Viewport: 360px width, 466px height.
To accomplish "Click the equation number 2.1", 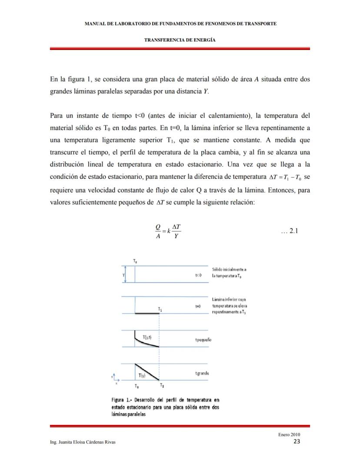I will coord(289,231).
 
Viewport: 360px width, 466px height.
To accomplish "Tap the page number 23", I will coord(297,442).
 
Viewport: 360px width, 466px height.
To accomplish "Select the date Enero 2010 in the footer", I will coord(289,435).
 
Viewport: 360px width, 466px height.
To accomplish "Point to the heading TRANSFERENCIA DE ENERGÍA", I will coord(180,40).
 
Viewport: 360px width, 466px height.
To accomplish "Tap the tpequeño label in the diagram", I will coord(203,340).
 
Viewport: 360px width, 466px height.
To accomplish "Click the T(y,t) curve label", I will coord(147,337).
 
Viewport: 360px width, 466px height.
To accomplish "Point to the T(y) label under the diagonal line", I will coord(142,375).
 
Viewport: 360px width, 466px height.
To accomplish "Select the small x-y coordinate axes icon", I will coord(115,379).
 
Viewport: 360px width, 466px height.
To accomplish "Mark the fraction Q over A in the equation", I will coord(158,231).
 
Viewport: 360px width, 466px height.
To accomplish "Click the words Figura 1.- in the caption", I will coord(123,399).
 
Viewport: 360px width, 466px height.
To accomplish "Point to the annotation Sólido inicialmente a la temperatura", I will coord(230,272).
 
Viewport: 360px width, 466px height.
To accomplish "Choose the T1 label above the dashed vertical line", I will coord(160,309).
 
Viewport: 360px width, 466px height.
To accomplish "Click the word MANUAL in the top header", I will coord(95,23).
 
